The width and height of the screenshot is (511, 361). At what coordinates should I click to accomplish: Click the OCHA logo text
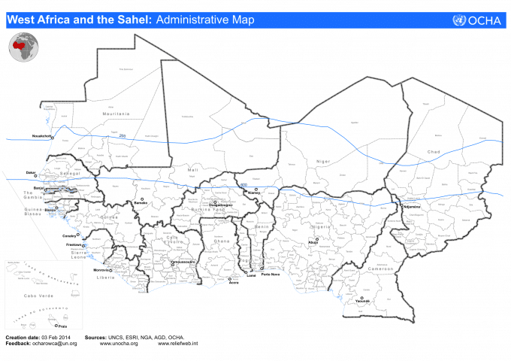tap(484, 20)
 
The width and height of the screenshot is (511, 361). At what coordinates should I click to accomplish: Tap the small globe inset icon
tap(23, 50)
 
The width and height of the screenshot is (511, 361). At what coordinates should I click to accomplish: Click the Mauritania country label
tap(116, 114)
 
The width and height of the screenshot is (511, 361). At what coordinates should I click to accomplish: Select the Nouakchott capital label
tap(41, 136)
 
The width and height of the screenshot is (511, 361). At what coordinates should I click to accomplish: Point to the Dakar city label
tap(30, 173)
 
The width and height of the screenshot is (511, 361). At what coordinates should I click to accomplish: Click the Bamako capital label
tap(141, 203)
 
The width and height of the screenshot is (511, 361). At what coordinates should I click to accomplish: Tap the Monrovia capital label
tap(101, 269)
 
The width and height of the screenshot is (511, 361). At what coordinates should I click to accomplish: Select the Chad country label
tap(434, 153)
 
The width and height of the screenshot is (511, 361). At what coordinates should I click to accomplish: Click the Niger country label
tap(323, 162)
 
